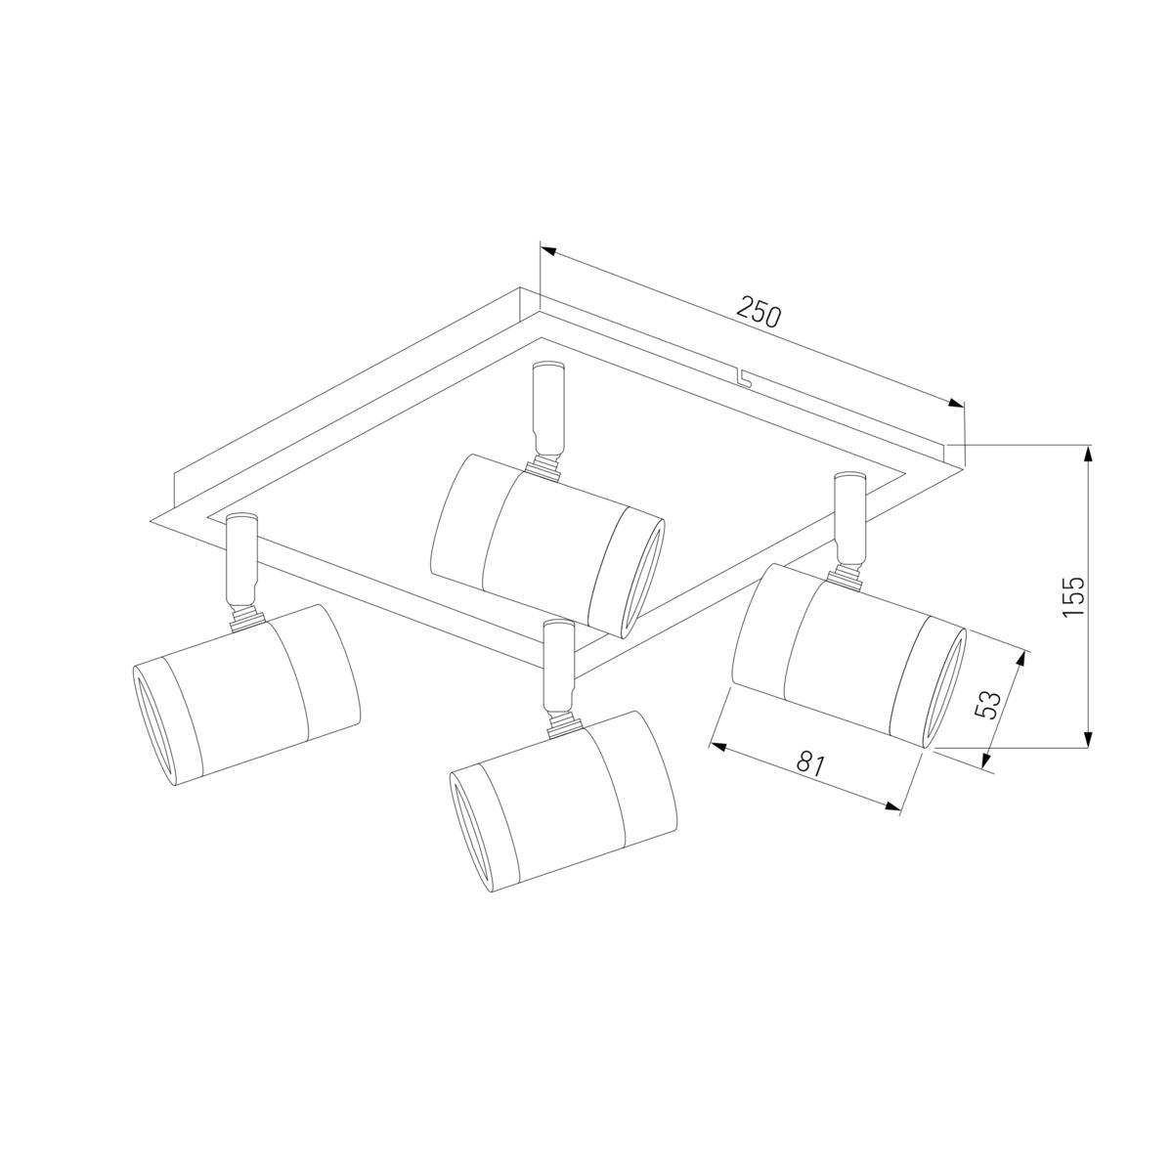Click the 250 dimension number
point(758,314)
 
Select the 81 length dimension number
point(810,765)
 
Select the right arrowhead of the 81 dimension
point(891,807)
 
